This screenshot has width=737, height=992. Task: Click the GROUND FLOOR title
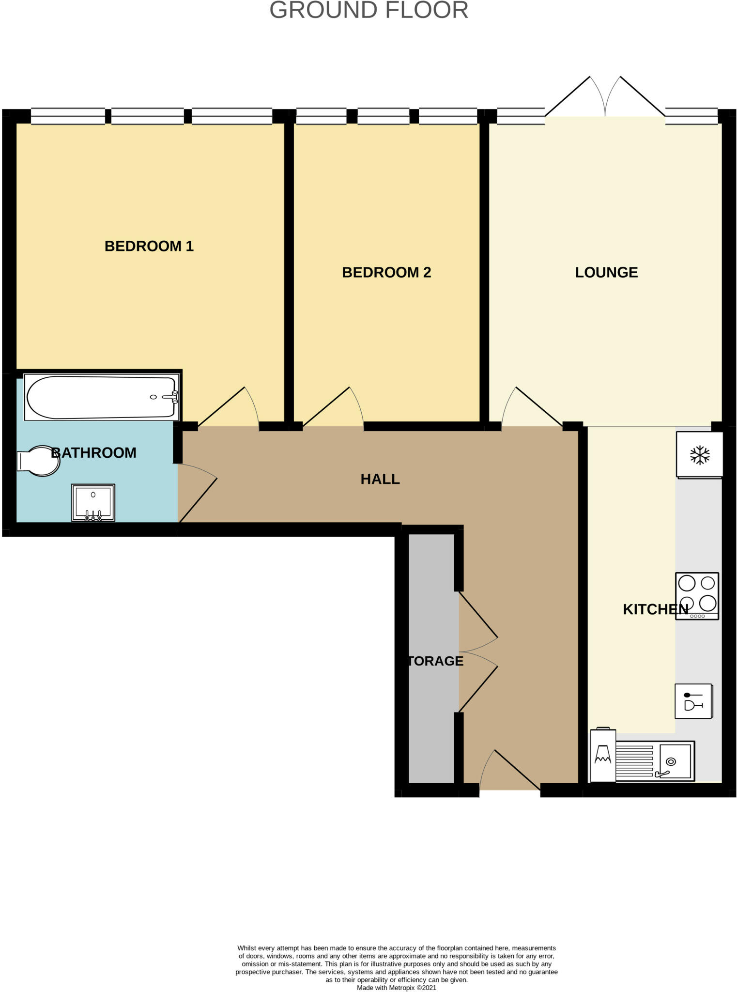pyautogui.click(x=368, y=11)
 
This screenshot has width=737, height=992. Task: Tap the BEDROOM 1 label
pyautogui.click(x=149, y=246)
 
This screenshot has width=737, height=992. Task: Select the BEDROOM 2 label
pyautogui.click(x=386, y=272)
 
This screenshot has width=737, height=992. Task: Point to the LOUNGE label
pyautogui.click(x=606, y=272)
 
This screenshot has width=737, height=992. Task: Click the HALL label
pyautogui.click(x=380, y=479)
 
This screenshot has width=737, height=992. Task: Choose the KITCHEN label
pyautogui.click(x=655, y=609)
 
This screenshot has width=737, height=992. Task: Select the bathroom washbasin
pyautogui.click(x=93, y=502)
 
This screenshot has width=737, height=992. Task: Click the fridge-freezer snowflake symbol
pyautogui.click(x=700, y=455)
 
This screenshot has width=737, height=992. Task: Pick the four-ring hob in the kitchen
pyautogui.click(x=697, y=596)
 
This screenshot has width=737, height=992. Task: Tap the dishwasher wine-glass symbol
pyautogui.click(x=693, y=701)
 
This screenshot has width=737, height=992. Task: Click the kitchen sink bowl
pyautogui.click(x=675, y=761)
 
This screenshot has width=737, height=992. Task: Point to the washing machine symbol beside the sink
pyautogui.click(x=603, y=756)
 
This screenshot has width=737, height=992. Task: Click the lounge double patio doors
pyautogui.click(x=605, y=97)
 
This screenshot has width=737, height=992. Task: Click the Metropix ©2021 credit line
pyautogui.click(x=396, y=988)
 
